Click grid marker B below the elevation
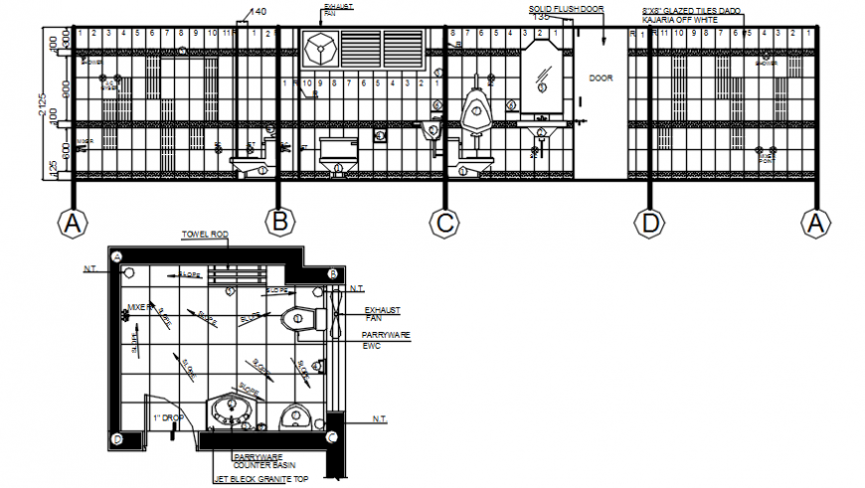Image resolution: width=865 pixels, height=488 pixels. (x=281, y=222)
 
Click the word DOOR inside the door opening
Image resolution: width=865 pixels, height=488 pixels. (x=601, y=78)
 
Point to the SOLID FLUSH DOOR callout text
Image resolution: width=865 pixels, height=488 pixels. (x=566, y=8)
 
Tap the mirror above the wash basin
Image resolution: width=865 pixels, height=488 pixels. (x=544, y=76)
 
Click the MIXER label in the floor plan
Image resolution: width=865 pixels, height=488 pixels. (x=137, y=307)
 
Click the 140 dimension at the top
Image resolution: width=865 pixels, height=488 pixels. (x=258, y=12)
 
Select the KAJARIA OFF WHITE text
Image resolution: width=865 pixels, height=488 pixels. (x=679, y=19)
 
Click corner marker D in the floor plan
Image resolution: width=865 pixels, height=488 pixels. (x=117, y=438)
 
